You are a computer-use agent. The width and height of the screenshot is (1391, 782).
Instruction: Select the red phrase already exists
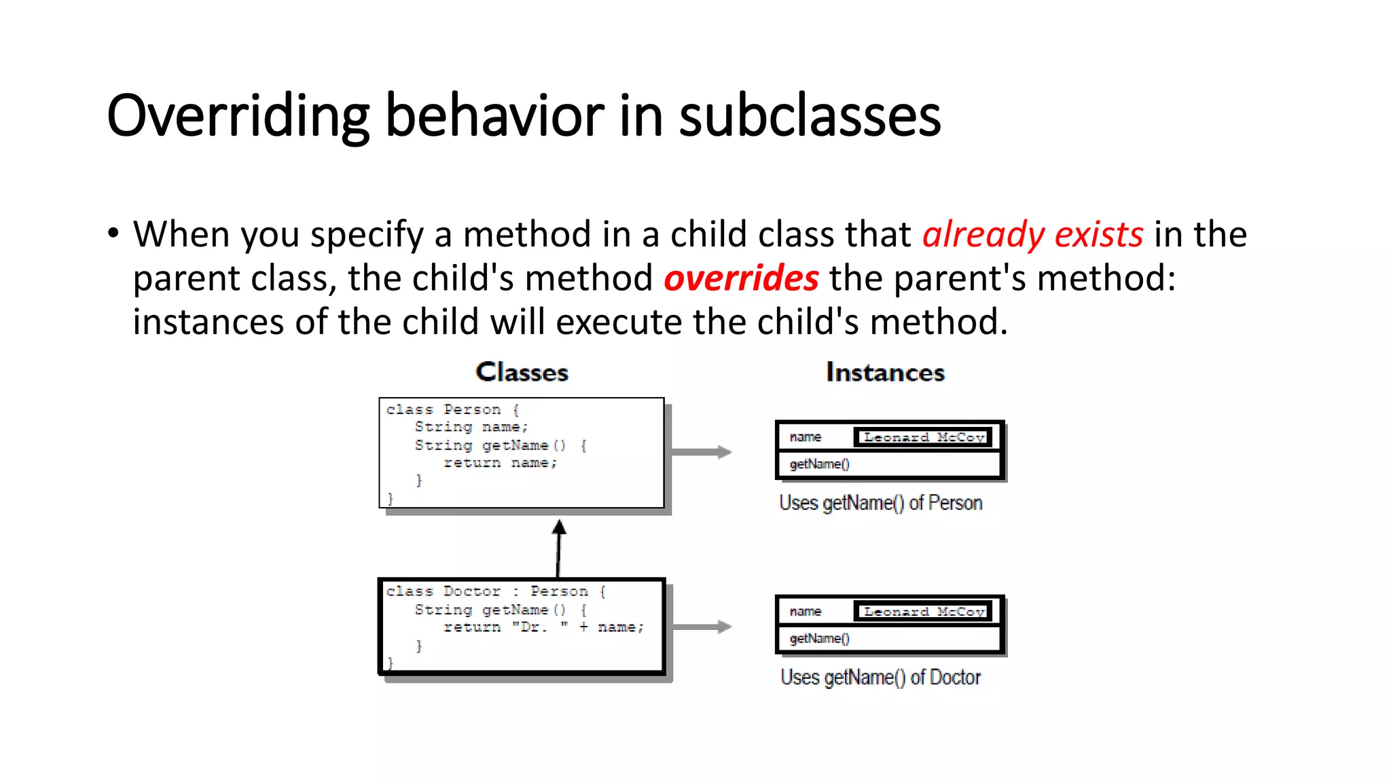pos(1032,235)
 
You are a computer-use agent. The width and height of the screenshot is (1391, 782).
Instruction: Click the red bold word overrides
pos(741,279)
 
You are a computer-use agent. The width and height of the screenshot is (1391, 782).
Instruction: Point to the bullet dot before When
pos(113,233)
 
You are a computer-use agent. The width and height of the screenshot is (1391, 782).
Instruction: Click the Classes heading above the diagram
pos(522,372)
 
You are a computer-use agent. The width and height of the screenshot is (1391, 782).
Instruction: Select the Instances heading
pos(885,372)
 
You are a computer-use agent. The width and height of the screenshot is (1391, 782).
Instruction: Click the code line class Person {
pos(452,409)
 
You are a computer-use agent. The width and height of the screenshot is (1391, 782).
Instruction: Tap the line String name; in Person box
pos(471,427)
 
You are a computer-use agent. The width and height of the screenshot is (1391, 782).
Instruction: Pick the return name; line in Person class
pos(500,463)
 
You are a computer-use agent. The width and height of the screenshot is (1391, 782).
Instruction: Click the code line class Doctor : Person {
pos(496,591)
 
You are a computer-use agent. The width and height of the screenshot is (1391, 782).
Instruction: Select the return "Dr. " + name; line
pos(543,627)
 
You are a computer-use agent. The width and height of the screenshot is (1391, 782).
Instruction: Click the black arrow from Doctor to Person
pos(558,547)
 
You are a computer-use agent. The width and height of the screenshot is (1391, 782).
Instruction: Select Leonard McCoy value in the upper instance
pos(923,437)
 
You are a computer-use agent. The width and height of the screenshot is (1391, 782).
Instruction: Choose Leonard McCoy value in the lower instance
pos(923,612)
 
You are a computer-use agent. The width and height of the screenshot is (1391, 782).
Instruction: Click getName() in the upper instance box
pos(819,464)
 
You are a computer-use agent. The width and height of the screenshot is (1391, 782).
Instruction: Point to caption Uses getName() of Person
pos(880,503)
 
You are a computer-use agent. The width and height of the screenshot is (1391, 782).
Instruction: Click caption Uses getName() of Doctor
pos(880,677)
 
